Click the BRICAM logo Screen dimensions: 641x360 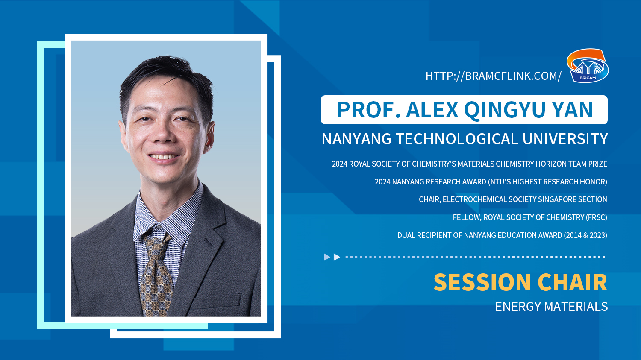(x=588, y=65)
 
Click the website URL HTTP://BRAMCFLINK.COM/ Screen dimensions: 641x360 (x=493, y=76)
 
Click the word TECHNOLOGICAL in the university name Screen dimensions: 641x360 (x=457, y=139)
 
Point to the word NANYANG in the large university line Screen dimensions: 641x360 (x=356, y=139)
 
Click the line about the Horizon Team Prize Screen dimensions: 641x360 (x=469, y=164)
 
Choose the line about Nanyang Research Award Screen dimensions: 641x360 (x=491, y=182)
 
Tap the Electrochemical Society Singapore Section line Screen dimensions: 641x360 (x=513, y=199)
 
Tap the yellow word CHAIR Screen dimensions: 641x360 (x=572, y=282)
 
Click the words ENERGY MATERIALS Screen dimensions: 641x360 (x=551, y=307)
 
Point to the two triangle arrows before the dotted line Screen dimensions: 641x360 (x=332, y=257)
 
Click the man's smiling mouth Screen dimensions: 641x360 (x=163, y=157)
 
